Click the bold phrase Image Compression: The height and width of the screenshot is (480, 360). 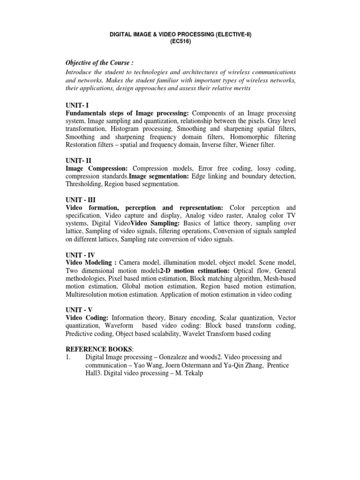(x=97, y=168)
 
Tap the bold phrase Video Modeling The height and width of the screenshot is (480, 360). (x=91, y=263)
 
